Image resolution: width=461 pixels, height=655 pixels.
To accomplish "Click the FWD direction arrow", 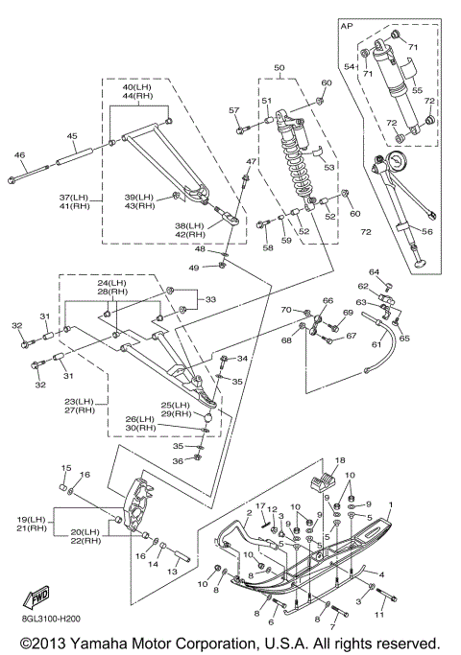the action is click(x=36, y=597).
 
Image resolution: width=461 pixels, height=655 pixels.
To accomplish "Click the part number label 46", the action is click(x=19, y=155).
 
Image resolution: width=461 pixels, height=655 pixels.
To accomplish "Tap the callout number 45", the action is click(x=72, y=136).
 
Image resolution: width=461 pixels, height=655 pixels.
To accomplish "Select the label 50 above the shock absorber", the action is click(x=279, y=68).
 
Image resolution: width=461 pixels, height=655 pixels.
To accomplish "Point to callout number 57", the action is click(x=234, y=110).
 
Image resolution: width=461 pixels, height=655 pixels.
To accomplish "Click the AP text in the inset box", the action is click(x=347, y=26).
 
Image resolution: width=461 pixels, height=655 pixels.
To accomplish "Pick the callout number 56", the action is click(x=426, y=231).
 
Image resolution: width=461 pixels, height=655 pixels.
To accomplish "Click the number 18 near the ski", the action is click(x=340, y=460).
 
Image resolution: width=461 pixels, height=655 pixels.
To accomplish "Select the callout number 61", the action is click(x=376, y=344).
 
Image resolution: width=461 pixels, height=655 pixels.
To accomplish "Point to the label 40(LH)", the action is click(x=136, y=87).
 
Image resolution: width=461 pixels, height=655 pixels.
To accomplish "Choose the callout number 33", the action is click(x=210, y=299).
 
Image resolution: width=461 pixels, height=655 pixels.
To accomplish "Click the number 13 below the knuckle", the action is click(x=172, y=572).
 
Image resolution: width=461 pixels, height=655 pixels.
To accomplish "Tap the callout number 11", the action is click(x=379, y=615).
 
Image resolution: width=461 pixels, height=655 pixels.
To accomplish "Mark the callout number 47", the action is click(x=251, y=162).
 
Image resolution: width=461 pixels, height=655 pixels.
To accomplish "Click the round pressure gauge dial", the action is click(x=396, y=161).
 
